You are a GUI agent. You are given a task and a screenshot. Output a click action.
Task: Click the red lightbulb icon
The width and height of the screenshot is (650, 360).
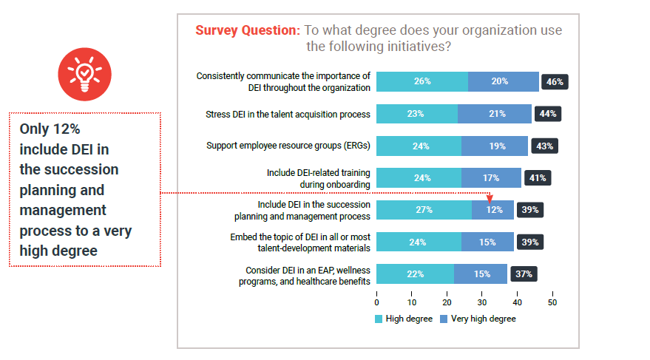tap(84, 74)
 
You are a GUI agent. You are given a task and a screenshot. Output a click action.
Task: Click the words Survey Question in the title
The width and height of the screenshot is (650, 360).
tap(247, 30)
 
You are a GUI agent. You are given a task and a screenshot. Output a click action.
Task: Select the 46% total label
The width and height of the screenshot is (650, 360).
tap(555, 82)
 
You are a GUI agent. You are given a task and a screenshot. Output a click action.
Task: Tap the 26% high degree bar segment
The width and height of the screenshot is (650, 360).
tap(422, 81)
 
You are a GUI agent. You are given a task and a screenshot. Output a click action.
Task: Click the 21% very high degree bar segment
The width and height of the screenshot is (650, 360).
tap(495, 114)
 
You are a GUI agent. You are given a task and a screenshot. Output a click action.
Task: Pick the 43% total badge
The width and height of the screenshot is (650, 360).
tap(544, 146)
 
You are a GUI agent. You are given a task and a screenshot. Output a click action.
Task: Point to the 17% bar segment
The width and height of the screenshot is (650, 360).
tap(490, 177)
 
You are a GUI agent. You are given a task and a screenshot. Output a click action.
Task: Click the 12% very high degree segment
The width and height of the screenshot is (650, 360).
tap(492, 210)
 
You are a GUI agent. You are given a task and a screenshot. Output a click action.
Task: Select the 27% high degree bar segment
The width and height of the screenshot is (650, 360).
tap(424, 210)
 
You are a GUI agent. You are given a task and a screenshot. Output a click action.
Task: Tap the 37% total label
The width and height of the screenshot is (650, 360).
tap(524, 274)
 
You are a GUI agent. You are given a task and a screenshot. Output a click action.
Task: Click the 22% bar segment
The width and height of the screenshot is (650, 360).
tap(415, 274)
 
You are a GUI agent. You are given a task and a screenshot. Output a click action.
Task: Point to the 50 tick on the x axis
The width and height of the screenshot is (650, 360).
tap(552, 302)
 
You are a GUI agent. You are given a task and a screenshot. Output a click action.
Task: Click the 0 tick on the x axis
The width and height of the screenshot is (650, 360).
tap(377, 302)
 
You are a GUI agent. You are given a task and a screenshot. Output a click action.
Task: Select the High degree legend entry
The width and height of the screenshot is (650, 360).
tap(403, 319)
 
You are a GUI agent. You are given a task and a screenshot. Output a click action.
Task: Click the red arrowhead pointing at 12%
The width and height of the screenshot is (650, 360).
tap(490, 197)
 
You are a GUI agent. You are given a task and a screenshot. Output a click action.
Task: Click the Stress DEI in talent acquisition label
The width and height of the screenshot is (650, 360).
tap(288, 114)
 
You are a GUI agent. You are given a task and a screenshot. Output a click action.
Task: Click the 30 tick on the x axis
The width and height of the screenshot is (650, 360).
tap(482, 302)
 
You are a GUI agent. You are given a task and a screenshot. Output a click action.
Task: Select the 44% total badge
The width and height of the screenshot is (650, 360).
tap(548, 114)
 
